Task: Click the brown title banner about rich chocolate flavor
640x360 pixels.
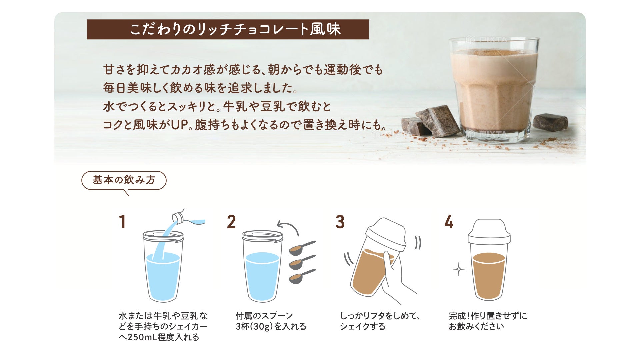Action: pyautogui.click(x=228, y=29)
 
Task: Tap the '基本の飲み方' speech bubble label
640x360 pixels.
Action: pyautogui.click(x=124, y=180)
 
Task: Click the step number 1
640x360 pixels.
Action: pyautogui.click(x=122, y=222)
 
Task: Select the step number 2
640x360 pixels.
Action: pyautogui.click(x=231, y=222)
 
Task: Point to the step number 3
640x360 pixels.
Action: pyautogui.click(x=340, y=222)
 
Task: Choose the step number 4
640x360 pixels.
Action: pyautogui.click(x=449, y=222)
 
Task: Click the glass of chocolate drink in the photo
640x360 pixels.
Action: pyautogui.click(x=494, y=90)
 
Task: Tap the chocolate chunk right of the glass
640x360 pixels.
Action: pyautogui.click(x=550, y=122)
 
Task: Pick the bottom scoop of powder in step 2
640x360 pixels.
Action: pyautogui.click(x=302, y=276)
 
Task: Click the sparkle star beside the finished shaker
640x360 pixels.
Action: pyautogui.click(x=459, y=269)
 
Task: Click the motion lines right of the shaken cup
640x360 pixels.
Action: pyautogui.click(x=418, y=243)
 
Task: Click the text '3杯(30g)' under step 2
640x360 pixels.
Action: pyautogui.click(x=254, y=326)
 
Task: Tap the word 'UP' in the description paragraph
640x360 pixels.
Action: pyautogui.click(x=180, y=125)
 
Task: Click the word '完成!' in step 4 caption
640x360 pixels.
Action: pyautogui.click(x=459, y=316)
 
